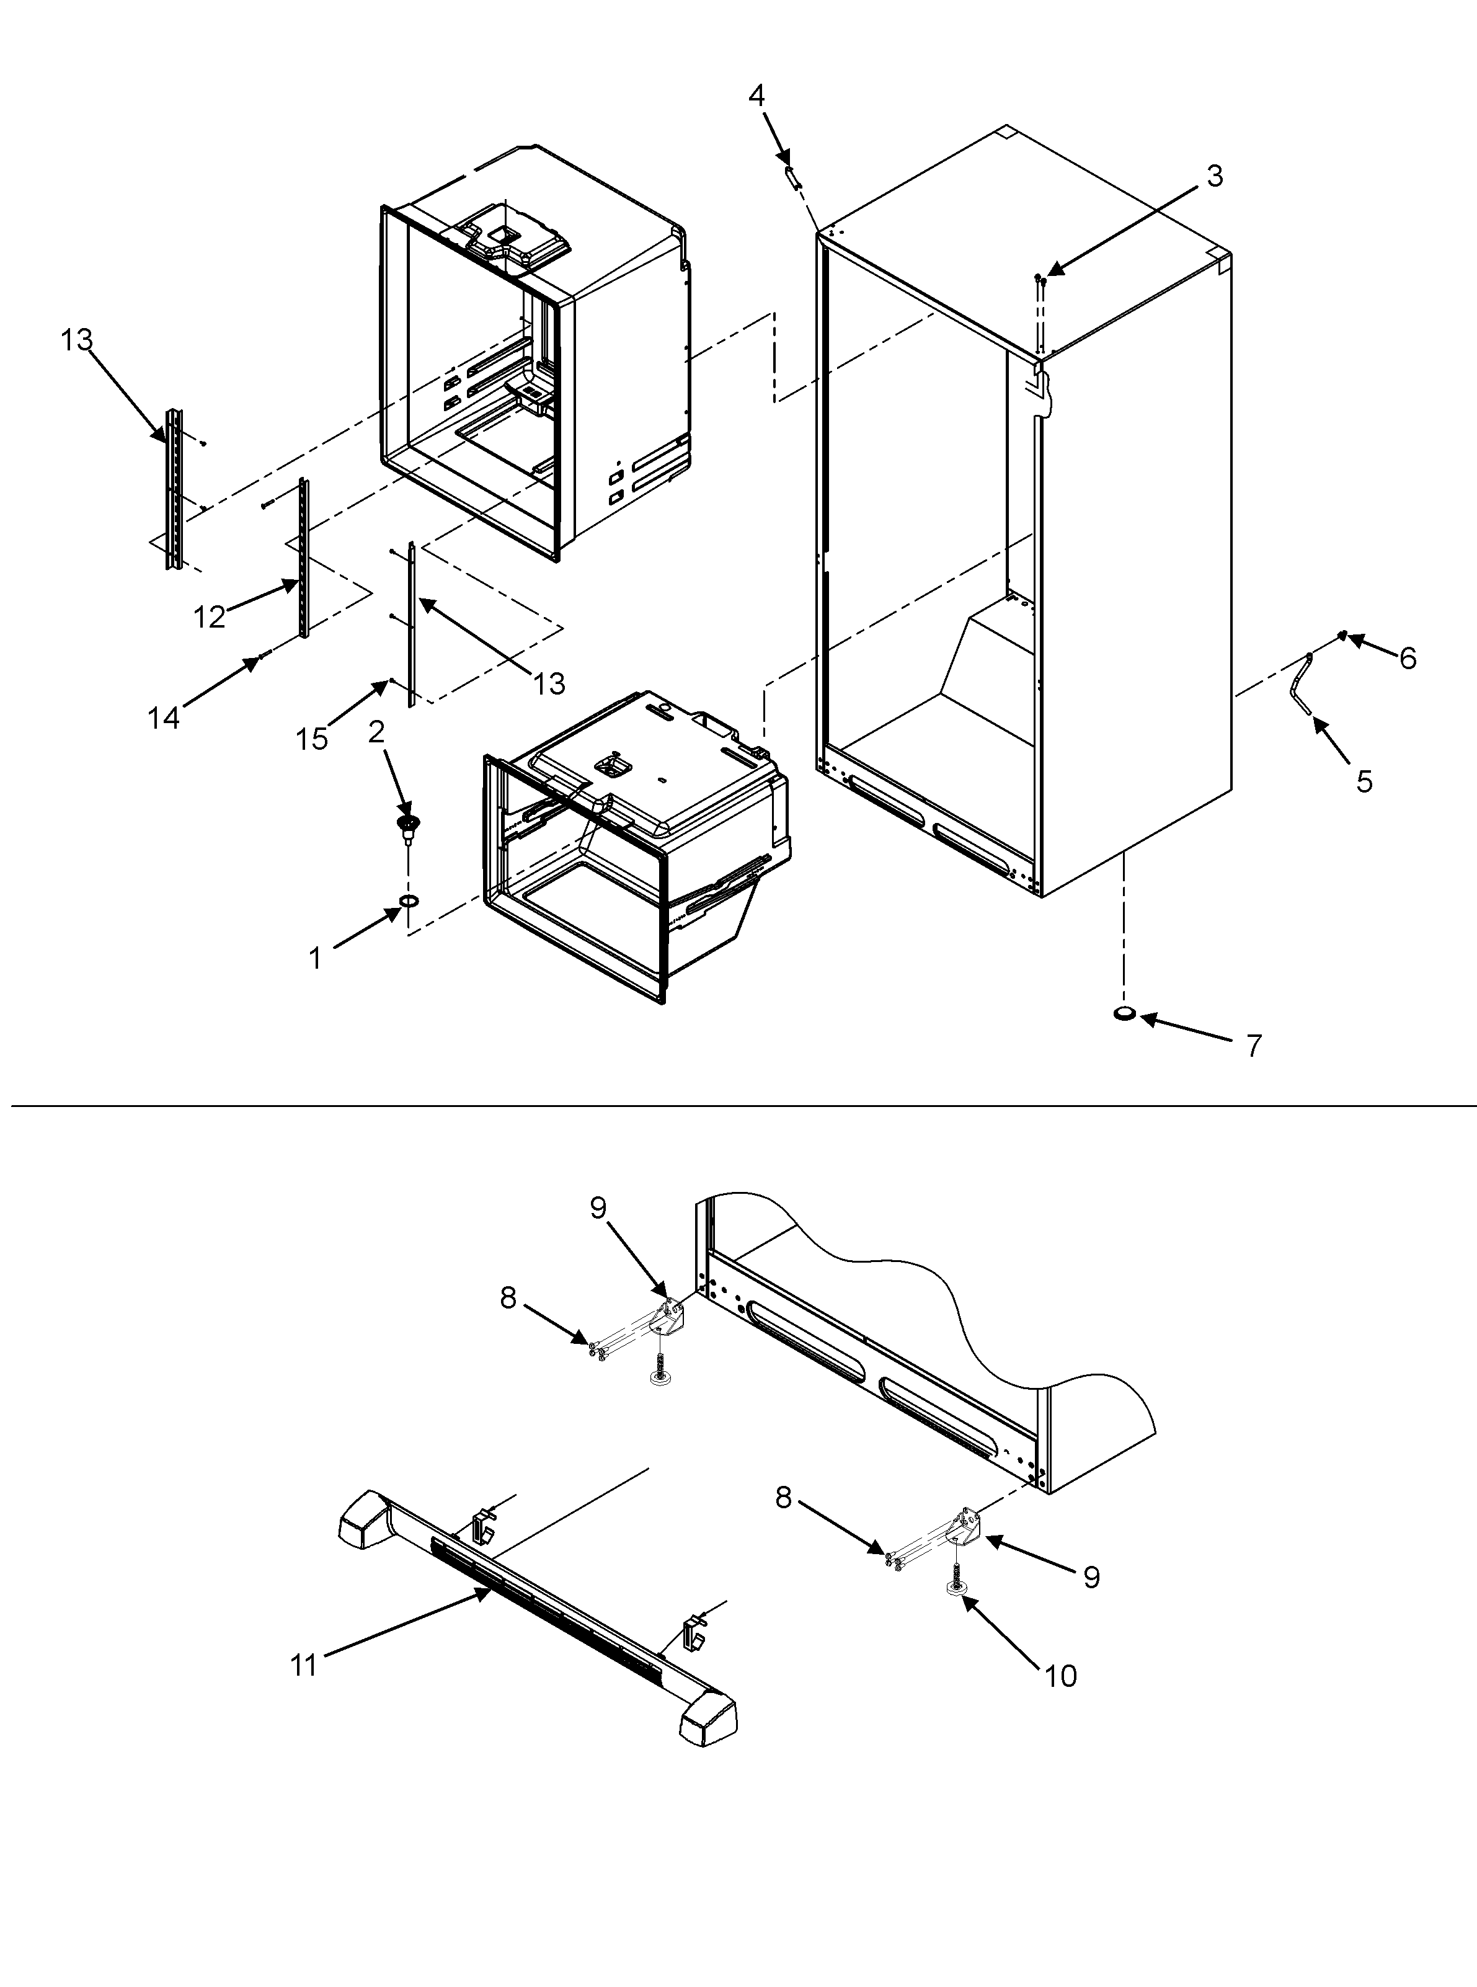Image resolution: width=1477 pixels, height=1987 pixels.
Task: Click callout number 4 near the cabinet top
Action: (x=756, y=96)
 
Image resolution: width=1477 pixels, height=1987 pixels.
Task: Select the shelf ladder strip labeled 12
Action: (x=304, y=559)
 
